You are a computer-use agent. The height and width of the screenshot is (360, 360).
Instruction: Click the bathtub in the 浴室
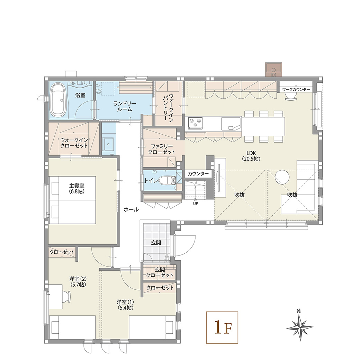click(58, 101)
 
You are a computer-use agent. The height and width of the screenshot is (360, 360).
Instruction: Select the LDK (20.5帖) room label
click(251, 156)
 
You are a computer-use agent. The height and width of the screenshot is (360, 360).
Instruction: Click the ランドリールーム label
click(125, 107)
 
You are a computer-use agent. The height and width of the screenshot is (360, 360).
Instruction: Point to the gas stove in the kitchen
click(195, 123)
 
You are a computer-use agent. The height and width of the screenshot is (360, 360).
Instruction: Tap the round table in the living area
click(282, 177)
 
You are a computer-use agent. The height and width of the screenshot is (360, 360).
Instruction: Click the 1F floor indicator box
click(222, 327)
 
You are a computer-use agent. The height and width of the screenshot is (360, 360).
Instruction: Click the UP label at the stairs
click(195, 204)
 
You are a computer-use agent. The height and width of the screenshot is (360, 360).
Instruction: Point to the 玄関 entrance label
click(156, 242)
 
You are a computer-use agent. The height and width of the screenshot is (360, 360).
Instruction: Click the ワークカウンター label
click(296, 90)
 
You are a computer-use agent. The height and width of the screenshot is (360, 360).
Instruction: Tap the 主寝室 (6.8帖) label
click(77, 188)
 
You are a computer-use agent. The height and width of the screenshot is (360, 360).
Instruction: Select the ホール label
click(131, 209)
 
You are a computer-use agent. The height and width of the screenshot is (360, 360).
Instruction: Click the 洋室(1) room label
click(125, 305)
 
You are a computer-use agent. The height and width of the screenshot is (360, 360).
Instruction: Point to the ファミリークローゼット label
click(162, 149)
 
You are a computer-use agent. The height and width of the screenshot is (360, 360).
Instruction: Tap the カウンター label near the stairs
click(198, 174)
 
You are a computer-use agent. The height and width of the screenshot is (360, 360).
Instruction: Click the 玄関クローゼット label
click(160, 272)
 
